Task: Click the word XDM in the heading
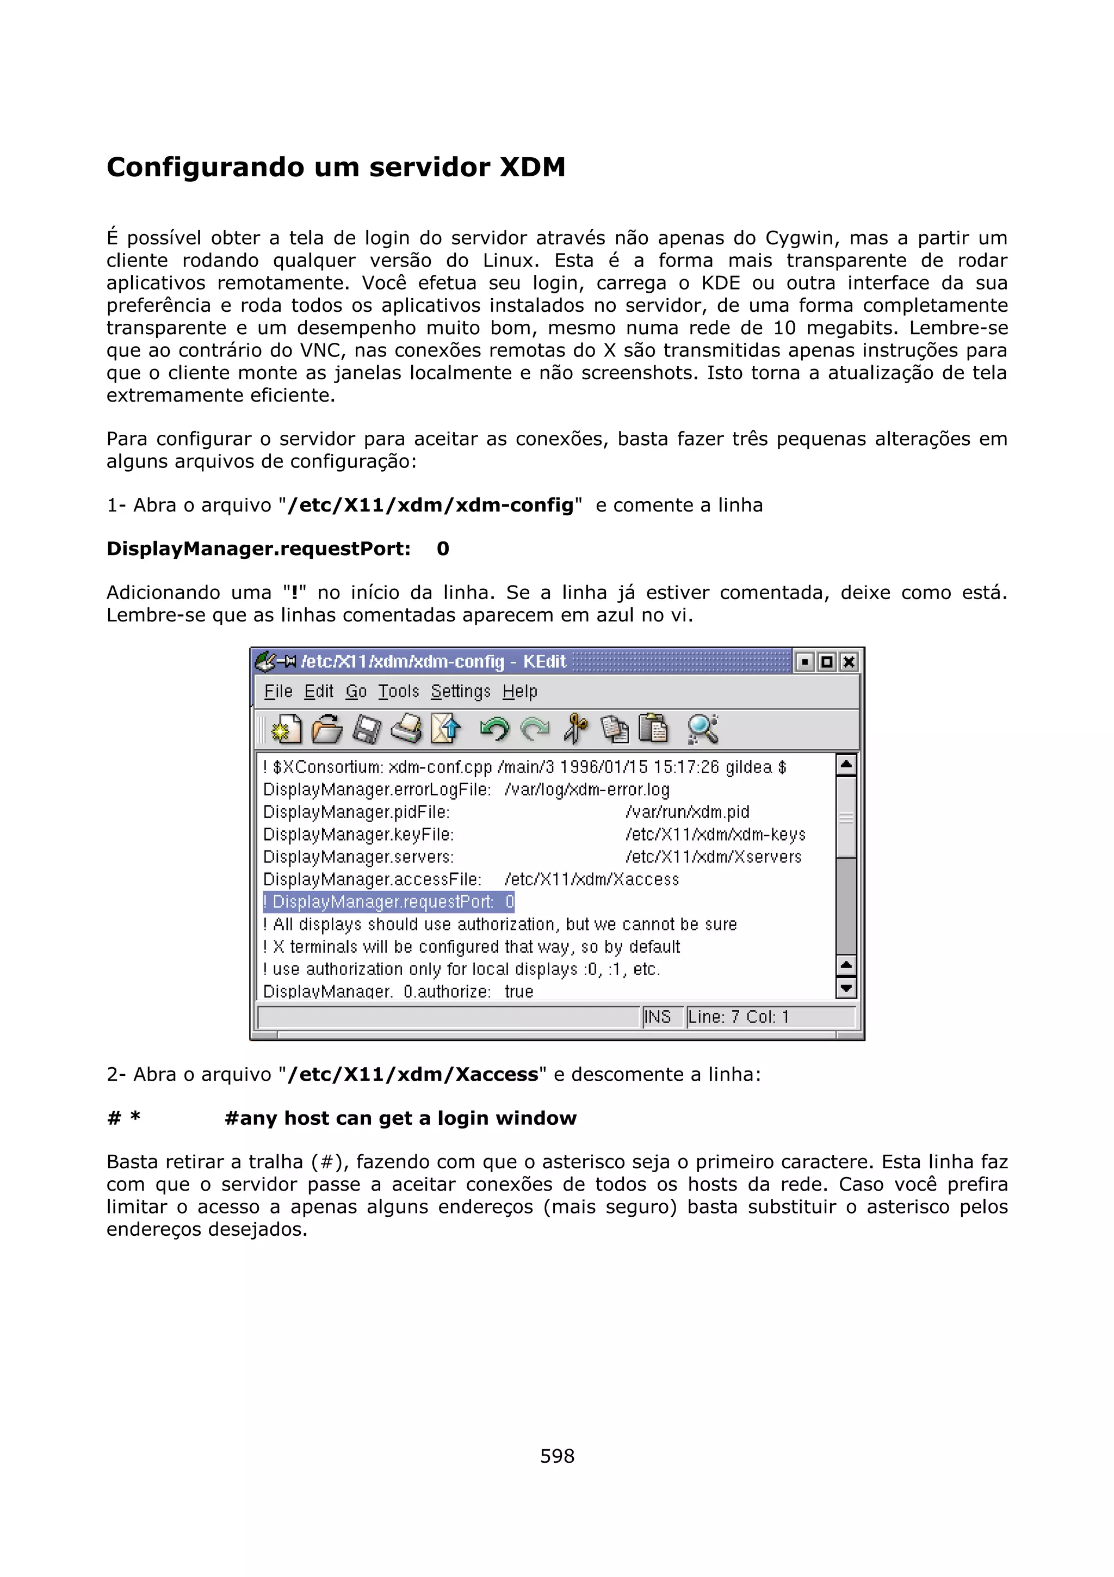point(532,168)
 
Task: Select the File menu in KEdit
point(278,692)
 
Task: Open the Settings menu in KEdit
point(461,692)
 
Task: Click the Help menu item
point(519,692)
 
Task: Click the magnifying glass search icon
point(702,729)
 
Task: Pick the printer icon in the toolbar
point(406,729)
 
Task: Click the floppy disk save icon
point(367,729)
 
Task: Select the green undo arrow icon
point(494,729)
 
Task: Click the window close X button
point(849,662)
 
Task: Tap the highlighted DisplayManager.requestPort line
point(388,902)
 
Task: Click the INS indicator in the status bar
point(658,1017)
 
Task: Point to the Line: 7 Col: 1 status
point(739,1017)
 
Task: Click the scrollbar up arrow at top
point(846,765)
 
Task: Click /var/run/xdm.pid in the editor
point(687,812)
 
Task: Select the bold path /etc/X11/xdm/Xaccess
point(412,1074)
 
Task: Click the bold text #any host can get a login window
point(400,1118)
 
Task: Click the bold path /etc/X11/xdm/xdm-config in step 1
point(430,506)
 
